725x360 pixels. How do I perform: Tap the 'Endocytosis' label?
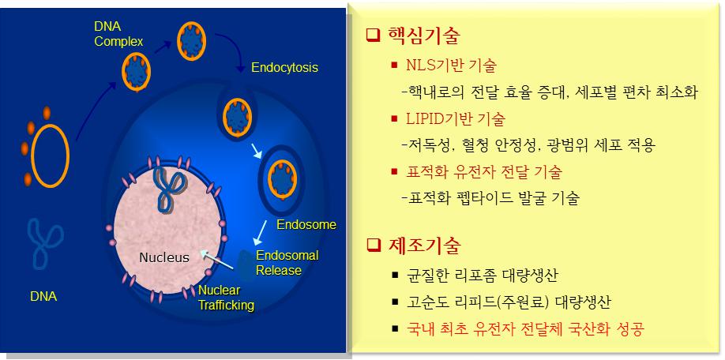click(x=284, y=68)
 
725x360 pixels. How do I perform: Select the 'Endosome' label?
click(x=306, y=225)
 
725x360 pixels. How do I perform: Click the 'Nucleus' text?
click(x=163, y=257)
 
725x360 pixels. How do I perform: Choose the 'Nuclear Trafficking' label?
click(x=226, y=298)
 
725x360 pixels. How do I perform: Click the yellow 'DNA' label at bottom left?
click(x=43, y=298)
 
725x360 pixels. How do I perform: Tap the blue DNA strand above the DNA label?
click(x=46, y=242)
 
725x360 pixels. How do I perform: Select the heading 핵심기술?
click(x=423, y=36)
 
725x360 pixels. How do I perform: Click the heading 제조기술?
click(x=423, y=246)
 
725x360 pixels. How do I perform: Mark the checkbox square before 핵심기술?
click(x=374, y=36)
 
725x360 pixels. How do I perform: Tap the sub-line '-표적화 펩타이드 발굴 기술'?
click(x=490, y=197)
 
